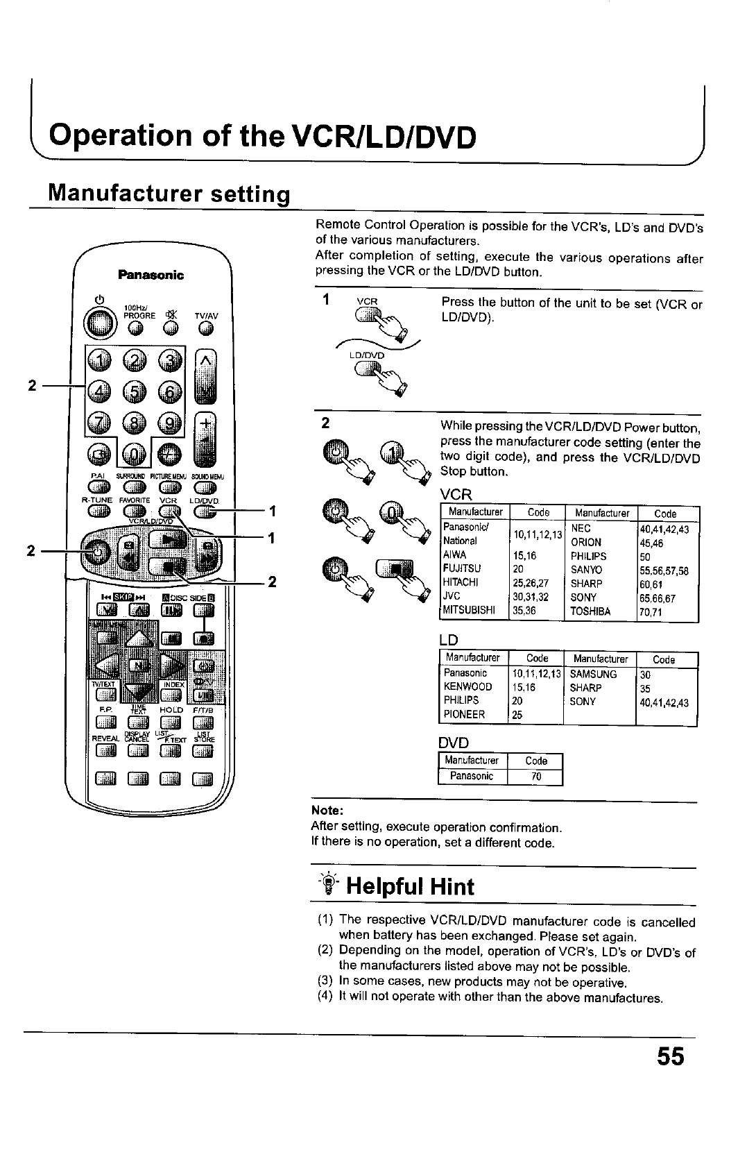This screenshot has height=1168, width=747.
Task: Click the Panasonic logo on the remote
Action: tap(151, 275)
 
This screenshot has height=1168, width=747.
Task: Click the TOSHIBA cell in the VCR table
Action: tap(590, 611)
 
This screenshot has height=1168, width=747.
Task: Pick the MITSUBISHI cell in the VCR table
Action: tap(468, 611)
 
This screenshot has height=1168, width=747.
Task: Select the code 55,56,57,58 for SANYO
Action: tap(664, 570)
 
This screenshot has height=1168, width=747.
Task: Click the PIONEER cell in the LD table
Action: tap(464, 715)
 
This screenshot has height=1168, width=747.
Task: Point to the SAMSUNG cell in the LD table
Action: tap(593, 674)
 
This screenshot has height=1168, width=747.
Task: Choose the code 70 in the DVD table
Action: tap(535, 777)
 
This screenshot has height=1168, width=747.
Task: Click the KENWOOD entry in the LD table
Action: tap(467, 687)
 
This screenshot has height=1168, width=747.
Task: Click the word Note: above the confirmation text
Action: tap(327, 811)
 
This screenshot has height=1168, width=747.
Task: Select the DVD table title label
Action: tap(454, 743)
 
